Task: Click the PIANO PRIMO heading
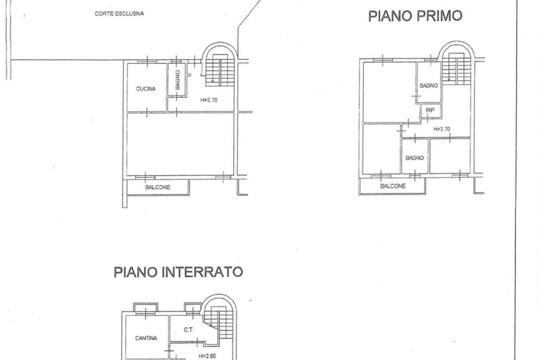tap(415, 16)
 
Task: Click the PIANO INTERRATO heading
tap(178, 272)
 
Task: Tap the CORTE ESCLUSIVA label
tap(119, 14)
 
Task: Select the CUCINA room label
tap(146, 89)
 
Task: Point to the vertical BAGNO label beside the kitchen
tap(177, 80)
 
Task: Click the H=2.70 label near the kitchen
tap(209, 100)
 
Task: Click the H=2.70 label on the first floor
tap(442, 129)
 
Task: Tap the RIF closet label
tap(430, 110)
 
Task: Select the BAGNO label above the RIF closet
tap(428, 85)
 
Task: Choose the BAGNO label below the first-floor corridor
tap(415, 158)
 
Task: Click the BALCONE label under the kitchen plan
tap(157, 187)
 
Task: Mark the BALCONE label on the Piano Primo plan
tap(393, 186)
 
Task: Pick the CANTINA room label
tap(146, 338)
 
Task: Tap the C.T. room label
tap(189, 330)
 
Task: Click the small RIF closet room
tap(431, 111)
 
